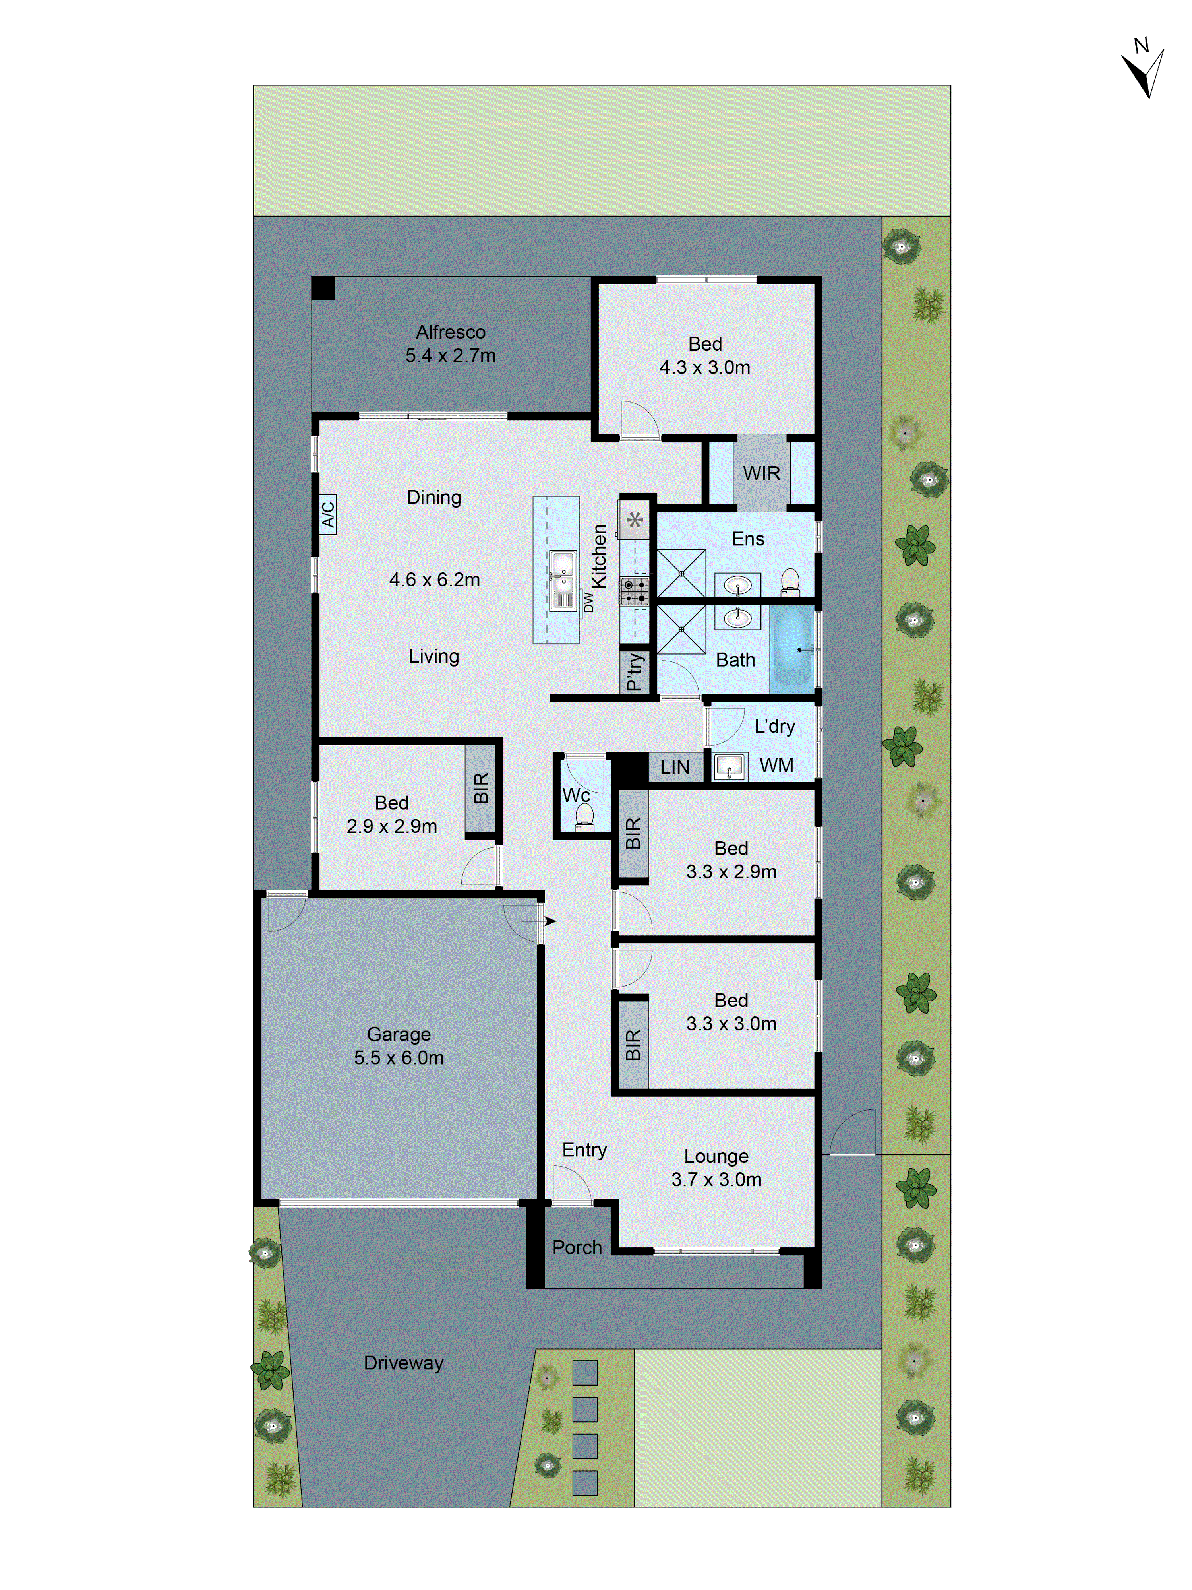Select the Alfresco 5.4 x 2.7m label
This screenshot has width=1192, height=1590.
(451, 343)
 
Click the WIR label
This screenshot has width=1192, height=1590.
(762, 473)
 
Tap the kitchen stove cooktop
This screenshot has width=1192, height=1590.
(634, 591)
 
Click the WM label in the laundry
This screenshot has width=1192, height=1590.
(777, 766)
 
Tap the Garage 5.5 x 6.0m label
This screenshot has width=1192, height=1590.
(399, 1046)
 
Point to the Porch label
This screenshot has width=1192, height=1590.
(577, 1247)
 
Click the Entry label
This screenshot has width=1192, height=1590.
(584, 1150)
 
